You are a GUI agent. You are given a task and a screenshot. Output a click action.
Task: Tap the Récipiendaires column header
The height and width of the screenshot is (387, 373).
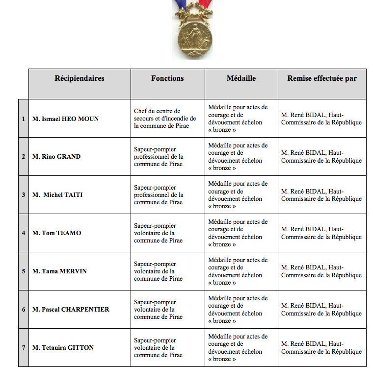click(80, 78)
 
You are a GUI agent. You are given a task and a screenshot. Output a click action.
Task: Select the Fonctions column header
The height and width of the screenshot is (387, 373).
click(167, 78)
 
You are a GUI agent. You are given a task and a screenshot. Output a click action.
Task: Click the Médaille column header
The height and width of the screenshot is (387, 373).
click(241, 78)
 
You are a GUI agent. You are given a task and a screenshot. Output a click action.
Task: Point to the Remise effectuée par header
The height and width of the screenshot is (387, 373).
click(321, 78)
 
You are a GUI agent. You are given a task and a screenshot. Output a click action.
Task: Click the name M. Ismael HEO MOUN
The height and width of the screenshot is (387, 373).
click(65, 119)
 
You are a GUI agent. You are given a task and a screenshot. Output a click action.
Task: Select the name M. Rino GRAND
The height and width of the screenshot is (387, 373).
click(56, 157)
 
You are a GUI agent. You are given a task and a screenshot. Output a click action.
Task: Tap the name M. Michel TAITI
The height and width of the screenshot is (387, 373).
click(57, 195)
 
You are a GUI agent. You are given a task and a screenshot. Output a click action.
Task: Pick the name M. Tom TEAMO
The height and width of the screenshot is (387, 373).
click(56, 233)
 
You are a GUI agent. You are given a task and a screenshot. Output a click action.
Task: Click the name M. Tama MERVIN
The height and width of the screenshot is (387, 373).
click(59, 271)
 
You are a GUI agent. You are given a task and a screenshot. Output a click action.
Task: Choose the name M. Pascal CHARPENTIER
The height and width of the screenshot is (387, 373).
click(71, 310)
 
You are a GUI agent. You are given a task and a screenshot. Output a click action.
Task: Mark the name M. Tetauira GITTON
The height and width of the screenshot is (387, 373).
click(63, 348)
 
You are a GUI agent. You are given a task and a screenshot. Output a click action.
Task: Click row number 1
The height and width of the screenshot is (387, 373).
click(24, 119)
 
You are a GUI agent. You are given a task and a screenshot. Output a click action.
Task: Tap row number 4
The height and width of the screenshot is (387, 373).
click(24, 233)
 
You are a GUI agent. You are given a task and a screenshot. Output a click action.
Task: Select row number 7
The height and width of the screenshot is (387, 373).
click(24, 348)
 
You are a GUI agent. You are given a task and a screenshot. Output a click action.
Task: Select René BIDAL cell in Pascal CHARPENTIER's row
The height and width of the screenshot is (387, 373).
click(321, 310)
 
